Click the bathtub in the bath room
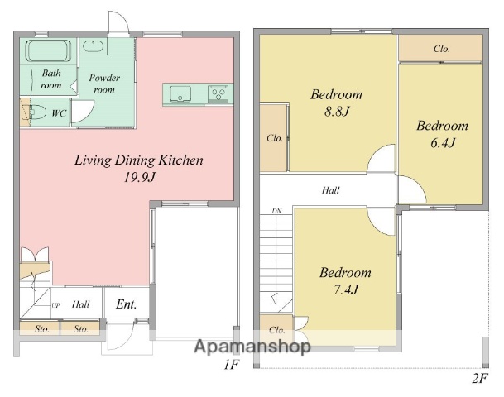pos(49,50)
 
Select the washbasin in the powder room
pos(94,46)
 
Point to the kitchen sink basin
pos(180,93)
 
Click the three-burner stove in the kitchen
pos(218,94)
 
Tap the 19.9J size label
pos(140,177)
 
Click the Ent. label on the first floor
pos(127,304)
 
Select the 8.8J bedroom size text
pos(337,112)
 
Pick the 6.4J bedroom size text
pos(443,142)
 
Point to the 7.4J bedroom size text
pos(346,289)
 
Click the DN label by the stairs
pos(276,211)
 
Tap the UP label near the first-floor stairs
pos(55,305)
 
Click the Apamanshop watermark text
pos(252,347)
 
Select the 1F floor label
pos(232,365)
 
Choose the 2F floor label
pos(480,378)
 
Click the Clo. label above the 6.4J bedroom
pos(442,49)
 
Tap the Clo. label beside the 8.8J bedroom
pos(275,138)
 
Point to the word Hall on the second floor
pos(331,190)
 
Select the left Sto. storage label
pos(42,329)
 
